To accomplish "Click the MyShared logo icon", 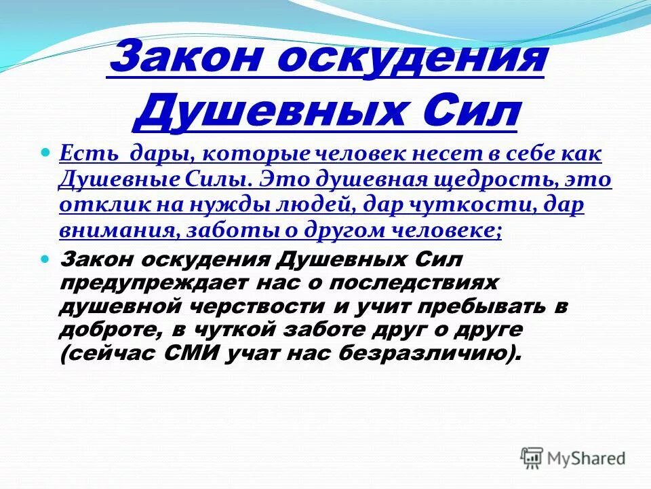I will (x=532, y=458).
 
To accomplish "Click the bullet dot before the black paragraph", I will (x=47, y=259).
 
